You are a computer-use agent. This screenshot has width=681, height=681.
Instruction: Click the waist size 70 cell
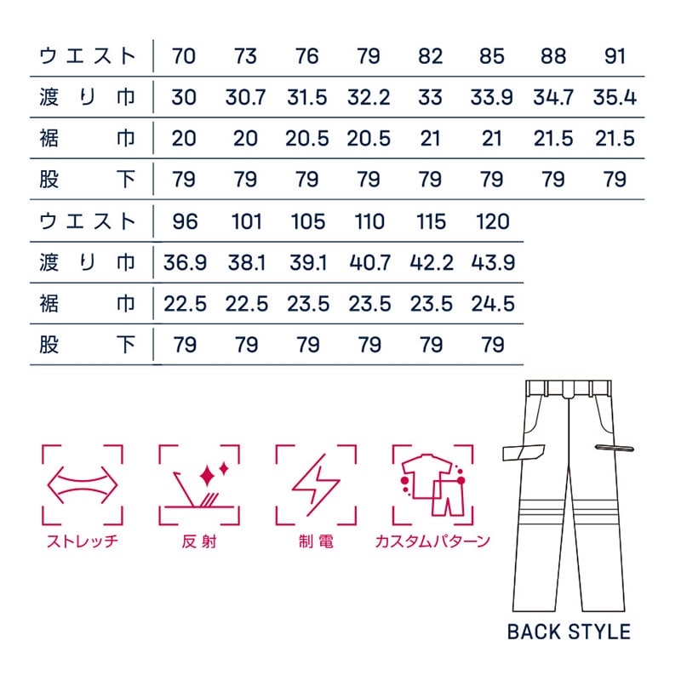[x=184, y=57]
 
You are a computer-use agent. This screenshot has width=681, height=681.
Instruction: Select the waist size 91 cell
[x=614, y=57]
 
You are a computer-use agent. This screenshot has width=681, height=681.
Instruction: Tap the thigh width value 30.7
[x=245, y=97]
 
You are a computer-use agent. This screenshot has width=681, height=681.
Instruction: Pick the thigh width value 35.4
[x=614, y=97]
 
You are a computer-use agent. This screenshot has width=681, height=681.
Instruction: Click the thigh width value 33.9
[x=492, y=97]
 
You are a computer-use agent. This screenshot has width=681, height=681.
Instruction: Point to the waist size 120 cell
[x=492, y=222]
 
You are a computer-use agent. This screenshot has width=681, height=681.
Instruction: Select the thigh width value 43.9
[x=492, y=263]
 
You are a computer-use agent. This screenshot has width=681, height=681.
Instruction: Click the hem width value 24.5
[x=492, y=303]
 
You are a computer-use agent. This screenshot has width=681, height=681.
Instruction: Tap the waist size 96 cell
[x=184, y=222]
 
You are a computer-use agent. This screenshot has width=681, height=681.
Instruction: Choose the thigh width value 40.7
[x=369, y=263]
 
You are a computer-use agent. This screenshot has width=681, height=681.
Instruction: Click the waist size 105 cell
[x=307, y=222]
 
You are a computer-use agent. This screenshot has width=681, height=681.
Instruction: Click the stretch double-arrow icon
[x=82, y=484]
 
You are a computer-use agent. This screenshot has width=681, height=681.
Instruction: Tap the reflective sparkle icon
[x=198, y=484]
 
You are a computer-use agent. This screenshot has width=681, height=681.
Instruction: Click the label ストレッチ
[x=82, y=541]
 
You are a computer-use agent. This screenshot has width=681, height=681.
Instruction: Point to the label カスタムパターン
[x=432, y=541]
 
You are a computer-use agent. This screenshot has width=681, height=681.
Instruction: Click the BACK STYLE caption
[x=568, y=632]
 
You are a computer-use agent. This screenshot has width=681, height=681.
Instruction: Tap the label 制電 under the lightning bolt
[x=315, y=541]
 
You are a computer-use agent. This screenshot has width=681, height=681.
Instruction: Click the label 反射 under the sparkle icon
[x=198, y=541]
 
